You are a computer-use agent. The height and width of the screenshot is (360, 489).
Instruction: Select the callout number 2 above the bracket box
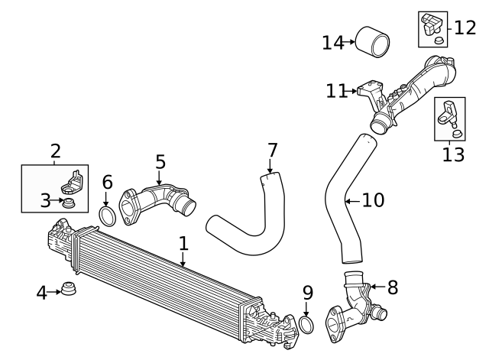[55, 151]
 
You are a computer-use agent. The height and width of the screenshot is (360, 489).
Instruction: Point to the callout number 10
[372, 201]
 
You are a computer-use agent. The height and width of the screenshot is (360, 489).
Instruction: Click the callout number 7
[272, 151]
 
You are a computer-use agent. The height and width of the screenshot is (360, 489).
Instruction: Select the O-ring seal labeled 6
[108, 216]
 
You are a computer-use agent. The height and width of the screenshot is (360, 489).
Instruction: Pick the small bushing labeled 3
[69, 203]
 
